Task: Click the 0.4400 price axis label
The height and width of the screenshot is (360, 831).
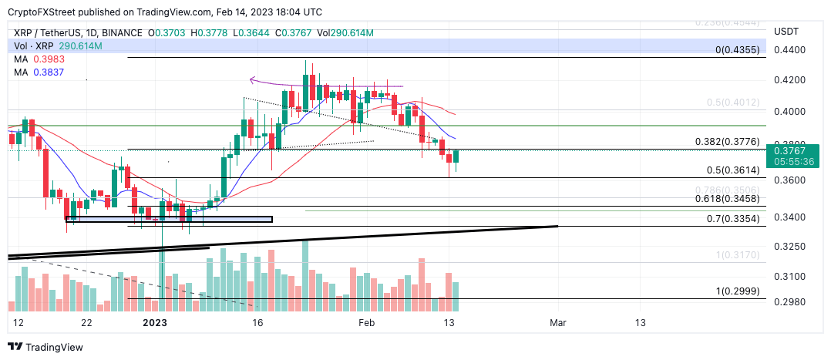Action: point(788,50)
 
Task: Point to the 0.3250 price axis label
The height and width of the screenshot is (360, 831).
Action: point(788,247)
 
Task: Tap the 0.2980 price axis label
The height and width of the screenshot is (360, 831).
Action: point(788,302)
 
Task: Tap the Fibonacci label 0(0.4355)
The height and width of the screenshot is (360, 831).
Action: point(740,50)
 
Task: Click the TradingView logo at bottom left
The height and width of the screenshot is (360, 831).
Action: point(46,348)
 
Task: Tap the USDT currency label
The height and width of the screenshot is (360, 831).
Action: point(786,31)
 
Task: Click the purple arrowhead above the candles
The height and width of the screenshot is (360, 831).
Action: point(253,79)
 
